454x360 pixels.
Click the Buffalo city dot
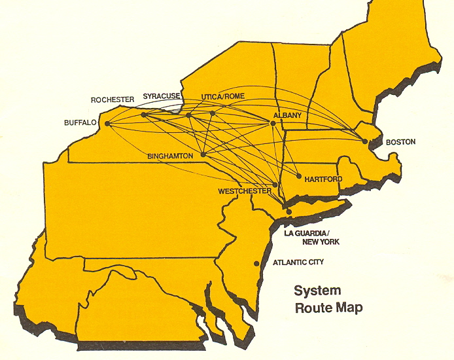tap(107, 123)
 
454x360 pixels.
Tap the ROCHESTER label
tap(113, 99)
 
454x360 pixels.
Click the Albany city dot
tap(273, 122)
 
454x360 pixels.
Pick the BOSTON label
tap(401, 142)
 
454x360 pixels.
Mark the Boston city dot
tap(365, 141)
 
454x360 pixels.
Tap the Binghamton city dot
tap(204, 154)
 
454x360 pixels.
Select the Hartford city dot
tap(299, 177)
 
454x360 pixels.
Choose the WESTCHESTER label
tap(245, 190)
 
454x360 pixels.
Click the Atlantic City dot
tap(256, 264)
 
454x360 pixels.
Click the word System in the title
tap(317, 291)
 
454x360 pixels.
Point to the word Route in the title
tap(311, 308)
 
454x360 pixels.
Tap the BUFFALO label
tap(80, 122)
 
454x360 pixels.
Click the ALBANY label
tap(287, 115)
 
